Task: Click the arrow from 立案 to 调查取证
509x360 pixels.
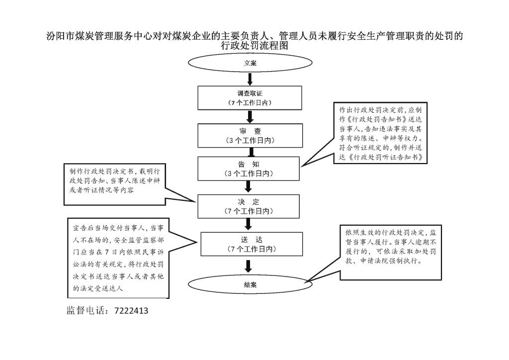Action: [x=250, y=79]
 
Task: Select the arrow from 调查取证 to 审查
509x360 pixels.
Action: [x=250, y=117]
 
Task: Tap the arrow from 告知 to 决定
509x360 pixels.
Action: [x=249, y=186]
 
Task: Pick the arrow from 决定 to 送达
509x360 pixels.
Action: [x=249, y=224]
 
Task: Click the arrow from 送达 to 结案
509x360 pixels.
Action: [x=249, y=266]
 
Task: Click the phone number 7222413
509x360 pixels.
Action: [x=131, y=311]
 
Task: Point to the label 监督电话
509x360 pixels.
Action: [x=85, y=310]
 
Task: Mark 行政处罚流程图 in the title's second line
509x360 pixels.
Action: [x=254, y=45]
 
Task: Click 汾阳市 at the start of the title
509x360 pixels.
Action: [x=61, y=36]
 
